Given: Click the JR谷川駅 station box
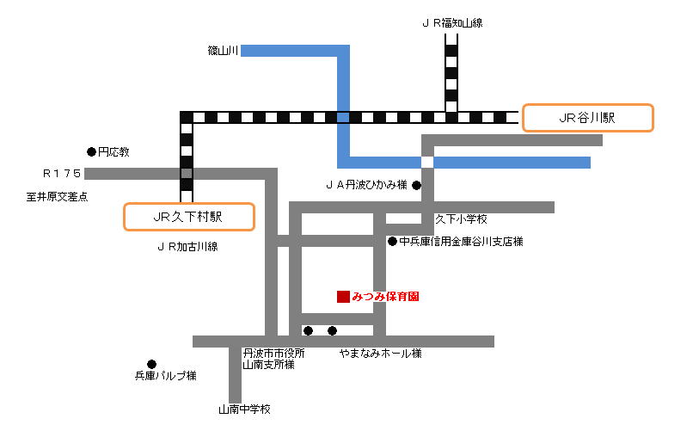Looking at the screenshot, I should tap(587, 118).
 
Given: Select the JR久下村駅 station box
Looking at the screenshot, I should tap(189, 217).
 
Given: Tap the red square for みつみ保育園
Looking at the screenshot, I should tap(343, 297).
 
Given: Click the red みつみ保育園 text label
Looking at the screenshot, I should tap(385, 297).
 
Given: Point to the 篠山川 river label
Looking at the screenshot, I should tap(222, 52).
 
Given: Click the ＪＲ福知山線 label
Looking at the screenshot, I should tap(451, 23).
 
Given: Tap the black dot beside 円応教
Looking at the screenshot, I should tap(91, 151).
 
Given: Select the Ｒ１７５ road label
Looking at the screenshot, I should tap(62, 174).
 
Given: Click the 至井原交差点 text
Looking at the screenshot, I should tap(57, 197).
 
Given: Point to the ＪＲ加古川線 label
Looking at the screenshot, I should tap(187, 247).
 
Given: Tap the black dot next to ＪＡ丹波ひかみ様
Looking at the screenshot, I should tap(416, 184).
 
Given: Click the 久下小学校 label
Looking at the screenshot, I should tap(461, 219).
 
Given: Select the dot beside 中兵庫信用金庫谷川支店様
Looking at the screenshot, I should tap(392, 242).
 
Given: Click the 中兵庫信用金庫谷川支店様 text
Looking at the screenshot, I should tap(461, 242).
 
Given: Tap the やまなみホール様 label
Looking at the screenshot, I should tap(380, 354).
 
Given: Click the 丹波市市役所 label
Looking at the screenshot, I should tap(273, 354).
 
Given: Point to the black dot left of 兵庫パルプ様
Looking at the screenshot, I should tap(152, 364).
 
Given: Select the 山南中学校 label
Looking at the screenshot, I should tap(244, 409).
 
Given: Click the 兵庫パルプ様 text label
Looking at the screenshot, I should tap(166, 376).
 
